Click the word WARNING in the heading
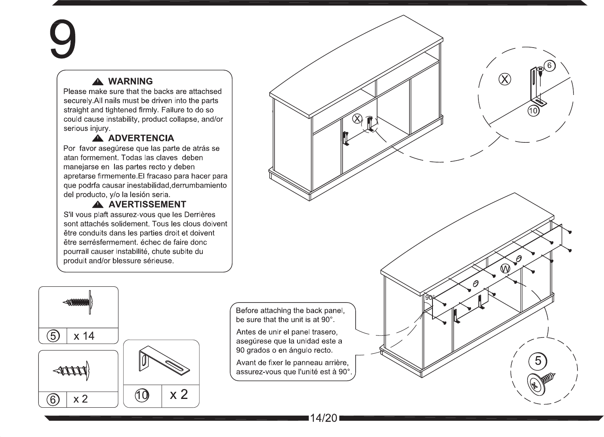point(131,81)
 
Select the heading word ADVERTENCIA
point(141,138)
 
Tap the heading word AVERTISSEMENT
point(147,204)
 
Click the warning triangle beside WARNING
point(97,82)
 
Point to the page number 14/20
point(324,418)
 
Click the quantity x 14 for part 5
point(84,336)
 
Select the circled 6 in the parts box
point(53,399)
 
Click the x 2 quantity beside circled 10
point(179,394)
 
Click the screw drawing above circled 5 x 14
point(78,302)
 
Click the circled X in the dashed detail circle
point(505,79)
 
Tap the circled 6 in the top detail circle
point(549,65)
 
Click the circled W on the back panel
point(505,268)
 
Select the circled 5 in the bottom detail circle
point(538,360)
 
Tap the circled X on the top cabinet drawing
point(357,119)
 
